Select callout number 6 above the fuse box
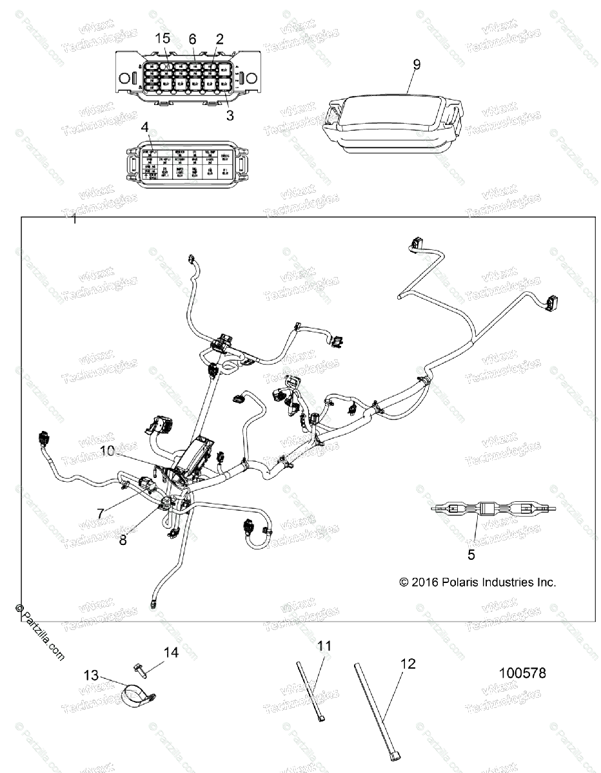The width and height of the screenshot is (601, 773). click(x=192, y=39)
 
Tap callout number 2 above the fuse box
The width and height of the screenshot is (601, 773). click(x=219, y=39)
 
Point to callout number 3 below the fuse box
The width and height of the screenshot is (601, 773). click(x=230, y=116)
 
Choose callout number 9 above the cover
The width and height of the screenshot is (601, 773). click(x=416, y=64)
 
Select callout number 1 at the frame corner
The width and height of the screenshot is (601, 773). click(x=74, y=220)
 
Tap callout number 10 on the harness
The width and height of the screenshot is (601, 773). click(x=107, y=451)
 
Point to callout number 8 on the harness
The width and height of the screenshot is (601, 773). click(x=123, y=540)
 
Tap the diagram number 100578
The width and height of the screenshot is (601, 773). click(x=522, y=673)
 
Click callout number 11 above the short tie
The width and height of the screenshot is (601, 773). click(x=324, y=645)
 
